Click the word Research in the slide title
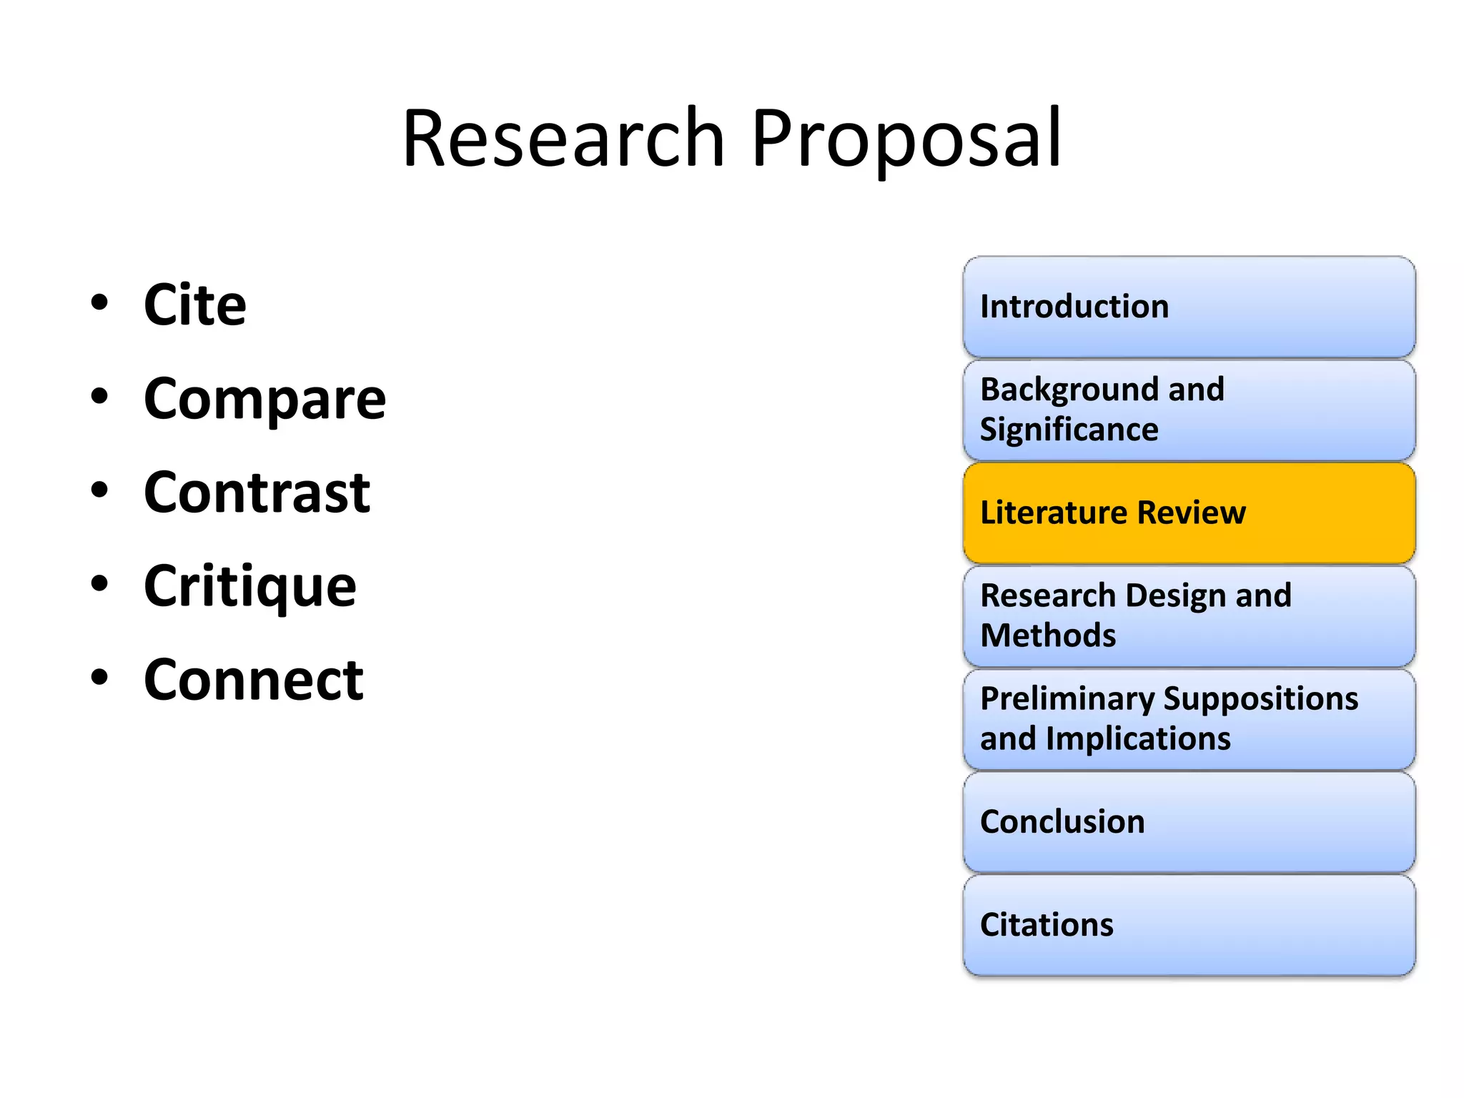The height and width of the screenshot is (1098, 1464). pyautogui.click(x=563, y=138)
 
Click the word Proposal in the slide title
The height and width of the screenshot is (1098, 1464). pyautogui.click(x=906, y=138)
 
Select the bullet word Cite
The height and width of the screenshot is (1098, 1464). pyautogui.click(x=194, y=305)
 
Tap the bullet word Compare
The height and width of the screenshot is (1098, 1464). pyautogui.click(x=264, y=399)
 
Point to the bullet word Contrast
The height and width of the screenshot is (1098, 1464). pyautogui.click(x=257, y=493)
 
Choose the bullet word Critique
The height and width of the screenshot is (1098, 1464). pyautogui.click(x=249, y=586)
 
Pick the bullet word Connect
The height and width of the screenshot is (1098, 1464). pyautogui.click(x=253, y=680)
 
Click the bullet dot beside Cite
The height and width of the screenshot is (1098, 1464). pyautogui.click(x=99, y=302)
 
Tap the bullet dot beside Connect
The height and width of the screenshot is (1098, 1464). pyautogui.click(x=99, y=677)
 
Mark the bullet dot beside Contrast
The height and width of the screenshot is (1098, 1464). pyautogui.click(x=99, y=490)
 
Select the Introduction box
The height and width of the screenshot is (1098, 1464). pyautogui.click(x=1189, y=307)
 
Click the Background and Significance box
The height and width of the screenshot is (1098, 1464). pyautogui.click(x=1189, y=410)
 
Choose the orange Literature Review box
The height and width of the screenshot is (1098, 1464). pyautogui.click(x=1189, y=513)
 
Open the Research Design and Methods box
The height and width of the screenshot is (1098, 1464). pyautogui.click(x=1189, y=615)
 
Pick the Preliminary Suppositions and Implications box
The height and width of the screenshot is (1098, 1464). pyautogui.click(x=1189, y=718)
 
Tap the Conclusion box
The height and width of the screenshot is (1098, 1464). pyautogui.click(x=1189, y=822)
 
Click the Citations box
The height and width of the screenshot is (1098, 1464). pyautogui.click(x=1189, y=925)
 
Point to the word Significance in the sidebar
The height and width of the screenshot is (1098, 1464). pyautogui.click(x=1069, y=430)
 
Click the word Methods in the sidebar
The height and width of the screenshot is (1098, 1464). pyautogui.click(x=1048, y=635)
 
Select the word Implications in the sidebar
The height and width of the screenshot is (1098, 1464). pyautogui.click(x=1138, y=738)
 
